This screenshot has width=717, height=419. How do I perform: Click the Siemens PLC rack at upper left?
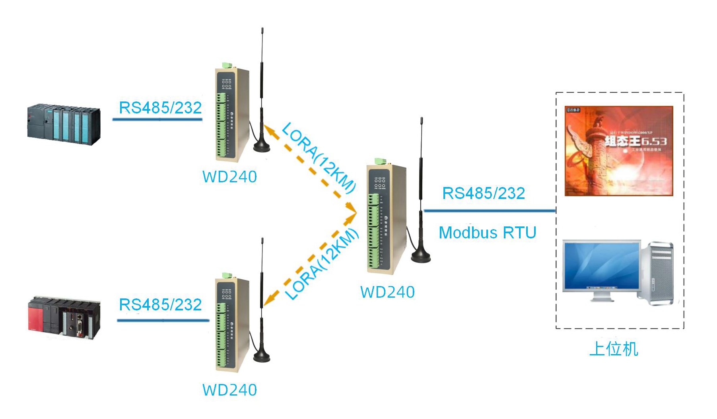64,125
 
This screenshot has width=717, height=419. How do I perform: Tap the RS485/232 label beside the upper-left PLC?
160,108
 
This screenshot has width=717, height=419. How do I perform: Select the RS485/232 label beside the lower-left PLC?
160,305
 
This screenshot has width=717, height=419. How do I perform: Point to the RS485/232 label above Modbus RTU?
484,193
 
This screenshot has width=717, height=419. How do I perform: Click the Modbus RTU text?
488,233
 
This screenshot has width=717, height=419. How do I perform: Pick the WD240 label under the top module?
229,177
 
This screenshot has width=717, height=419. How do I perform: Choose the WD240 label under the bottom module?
229,390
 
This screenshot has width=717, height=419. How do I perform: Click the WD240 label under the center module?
387,292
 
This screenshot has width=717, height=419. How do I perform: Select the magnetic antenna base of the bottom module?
262,357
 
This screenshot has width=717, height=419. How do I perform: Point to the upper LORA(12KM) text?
318,158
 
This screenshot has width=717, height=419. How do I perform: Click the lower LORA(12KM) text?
323,264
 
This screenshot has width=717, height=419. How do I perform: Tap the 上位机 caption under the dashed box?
614,349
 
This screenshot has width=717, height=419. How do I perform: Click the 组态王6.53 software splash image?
619,151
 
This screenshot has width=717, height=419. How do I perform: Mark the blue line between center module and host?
489,210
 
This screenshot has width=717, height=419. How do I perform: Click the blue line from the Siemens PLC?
157,119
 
